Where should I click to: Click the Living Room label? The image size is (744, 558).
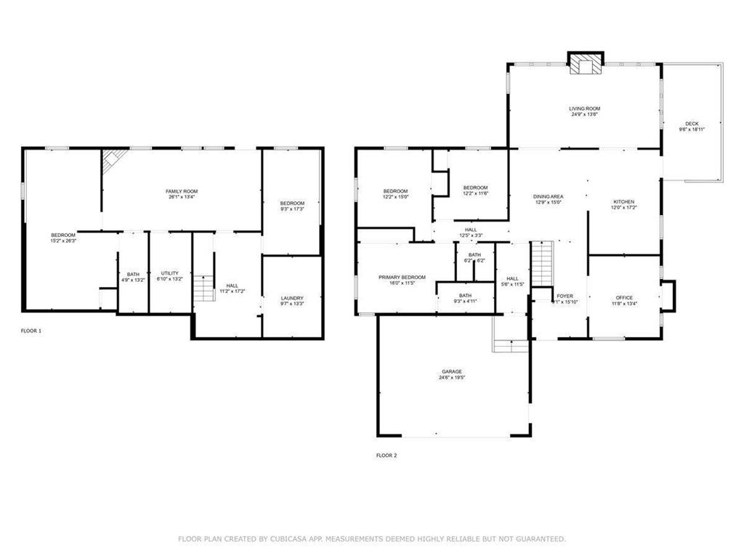point(584,108)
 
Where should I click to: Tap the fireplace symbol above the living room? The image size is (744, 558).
point(585,64)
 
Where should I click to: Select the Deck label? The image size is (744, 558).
point(692,123)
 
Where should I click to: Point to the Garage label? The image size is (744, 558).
point(450,371)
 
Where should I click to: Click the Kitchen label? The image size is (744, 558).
point(623,201)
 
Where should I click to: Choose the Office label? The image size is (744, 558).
point(624,297)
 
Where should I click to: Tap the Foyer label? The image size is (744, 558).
point(565,296)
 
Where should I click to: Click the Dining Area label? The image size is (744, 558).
point(549,196)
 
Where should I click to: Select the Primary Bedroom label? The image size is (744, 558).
point(402,277)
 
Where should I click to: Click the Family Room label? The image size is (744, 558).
point(181,190)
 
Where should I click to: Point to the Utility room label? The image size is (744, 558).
point(169,273)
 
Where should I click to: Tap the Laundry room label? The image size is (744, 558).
point(292,298)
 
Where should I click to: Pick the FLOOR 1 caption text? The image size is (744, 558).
point(31,331)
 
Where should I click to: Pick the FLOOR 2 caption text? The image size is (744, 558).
point(387,456)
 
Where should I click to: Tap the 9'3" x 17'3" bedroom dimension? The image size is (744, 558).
point(292,209)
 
